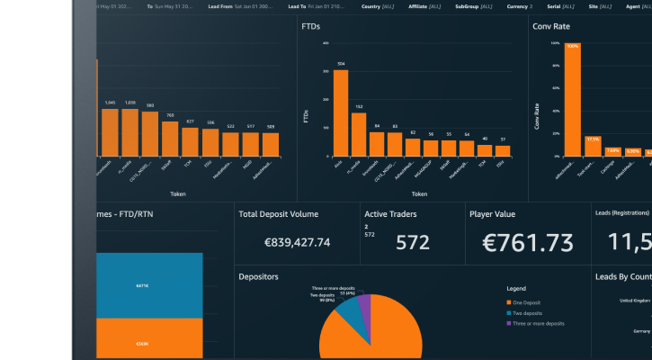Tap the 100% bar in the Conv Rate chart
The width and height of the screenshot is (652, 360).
point(572,99)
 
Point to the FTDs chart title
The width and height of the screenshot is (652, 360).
point(310,27)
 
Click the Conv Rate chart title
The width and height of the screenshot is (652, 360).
point(551,27)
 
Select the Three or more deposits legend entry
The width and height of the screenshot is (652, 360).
point(546,323)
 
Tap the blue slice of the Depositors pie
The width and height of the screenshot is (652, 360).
point(347,315)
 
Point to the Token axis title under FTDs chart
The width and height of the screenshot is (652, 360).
point(419,193)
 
